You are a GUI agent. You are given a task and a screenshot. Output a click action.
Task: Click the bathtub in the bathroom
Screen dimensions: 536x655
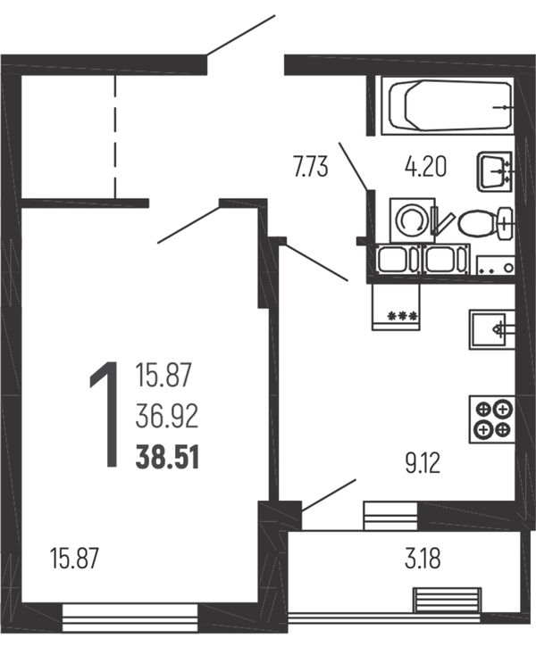(x=448, y=105)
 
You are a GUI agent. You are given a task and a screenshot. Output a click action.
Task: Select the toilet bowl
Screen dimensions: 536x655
(x=486, y=223)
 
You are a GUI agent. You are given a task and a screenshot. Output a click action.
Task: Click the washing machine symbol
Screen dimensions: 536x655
(x=413, y=220)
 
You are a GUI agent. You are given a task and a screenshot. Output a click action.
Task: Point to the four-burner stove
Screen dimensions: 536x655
(x=492, y=419)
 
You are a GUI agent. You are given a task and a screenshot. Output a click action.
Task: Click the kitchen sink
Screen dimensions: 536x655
(x=492, y=329)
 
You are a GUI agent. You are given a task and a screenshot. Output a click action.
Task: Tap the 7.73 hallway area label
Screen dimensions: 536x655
(x=311, y=168)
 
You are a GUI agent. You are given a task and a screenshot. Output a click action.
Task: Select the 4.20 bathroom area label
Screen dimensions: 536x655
(x=425, y=166)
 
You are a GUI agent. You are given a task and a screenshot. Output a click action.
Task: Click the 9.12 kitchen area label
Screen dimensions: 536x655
(x=423, y=464)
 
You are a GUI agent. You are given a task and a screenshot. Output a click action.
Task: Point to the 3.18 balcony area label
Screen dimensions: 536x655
(x=423, y=559)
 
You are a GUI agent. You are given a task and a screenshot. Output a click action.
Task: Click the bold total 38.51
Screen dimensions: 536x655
(x=167, y=457)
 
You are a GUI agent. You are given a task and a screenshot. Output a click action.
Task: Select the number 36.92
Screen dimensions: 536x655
(x=167, y=417)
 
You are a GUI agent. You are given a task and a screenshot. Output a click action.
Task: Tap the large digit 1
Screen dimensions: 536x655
(x=105, y=414)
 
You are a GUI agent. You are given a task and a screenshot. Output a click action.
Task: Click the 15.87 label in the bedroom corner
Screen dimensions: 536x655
(x=74, y=558)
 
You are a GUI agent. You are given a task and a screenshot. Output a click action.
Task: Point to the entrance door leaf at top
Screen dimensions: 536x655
(x=241, y=35)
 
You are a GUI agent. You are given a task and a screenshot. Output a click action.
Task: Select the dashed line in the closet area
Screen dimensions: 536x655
(x=115, y=137)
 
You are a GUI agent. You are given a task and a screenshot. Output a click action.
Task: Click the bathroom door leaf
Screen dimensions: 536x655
(x=353, y=167)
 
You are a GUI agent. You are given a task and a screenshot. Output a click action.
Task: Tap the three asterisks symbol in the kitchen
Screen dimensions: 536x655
(x=403, y=315)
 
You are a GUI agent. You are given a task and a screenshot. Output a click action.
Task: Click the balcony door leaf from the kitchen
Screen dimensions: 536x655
(x=329, y=494)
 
